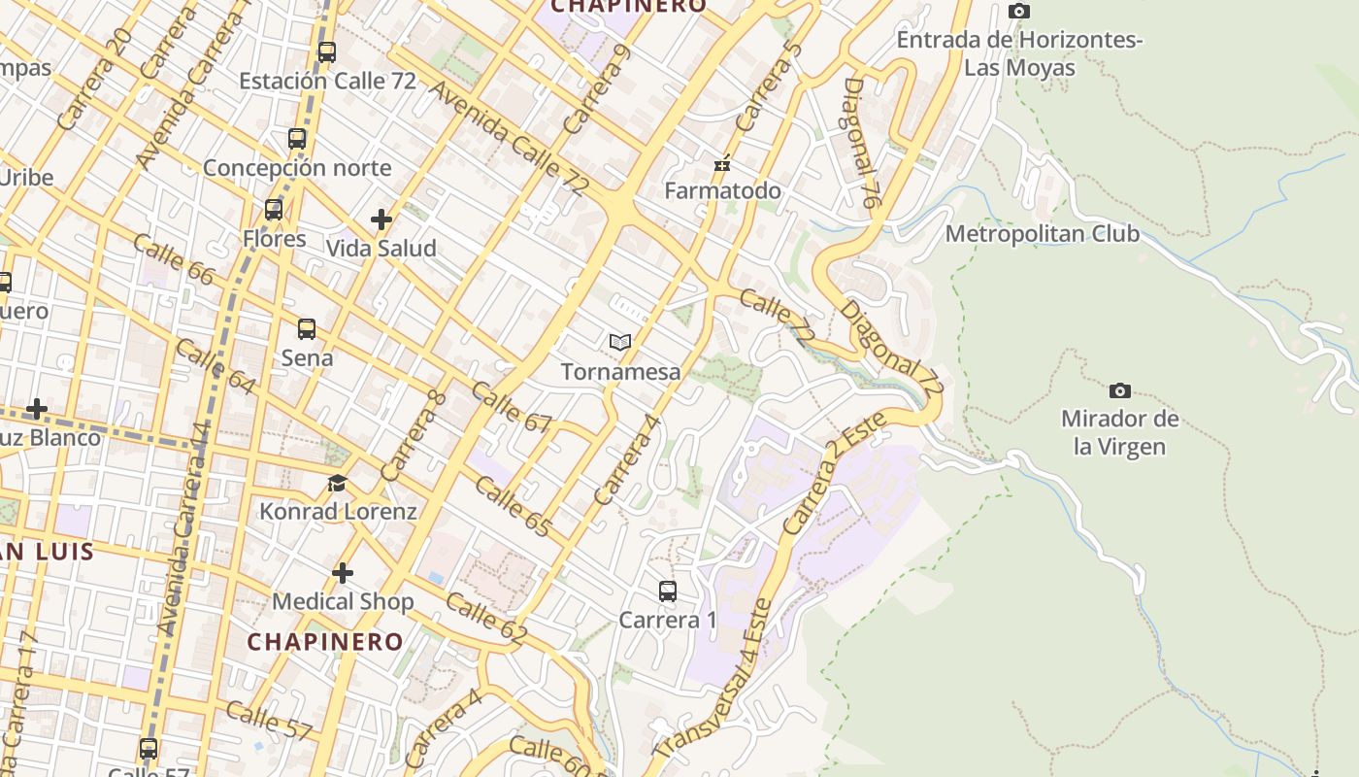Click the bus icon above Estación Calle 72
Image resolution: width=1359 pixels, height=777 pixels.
pyautogui.click(x=327, y=52)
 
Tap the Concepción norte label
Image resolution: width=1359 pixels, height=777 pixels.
pyautogui.click(x=297, y=168)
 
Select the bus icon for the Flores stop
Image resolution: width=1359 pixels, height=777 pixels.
pyautogui.click(x=274, y=210)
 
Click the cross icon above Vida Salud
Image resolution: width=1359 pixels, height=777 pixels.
pyautogui.click(x=381, y=220)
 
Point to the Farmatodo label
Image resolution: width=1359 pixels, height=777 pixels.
pyautogui.click(x=722, y=190)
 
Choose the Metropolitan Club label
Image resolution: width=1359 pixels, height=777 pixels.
pyautogui.click(x=1042, y=234)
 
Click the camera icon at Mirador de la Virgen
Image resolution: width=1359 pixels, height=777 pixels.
pyautogui.click(x=1119, y=390)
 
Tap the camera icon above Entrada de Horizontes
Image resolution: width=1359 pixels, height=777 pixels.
pyautogui.click(x=1018, y=12)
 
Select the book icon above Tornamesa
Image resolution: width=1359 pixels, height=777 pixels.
pyautogui.click(x=620, y=342)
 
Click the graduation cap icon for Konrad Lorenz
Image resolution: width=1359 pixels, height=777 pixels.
pyautogui.click(x=337, y=483)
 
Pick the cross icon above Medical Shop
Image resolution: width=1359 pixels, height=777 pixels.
pyautogui.click(x=342, y=573)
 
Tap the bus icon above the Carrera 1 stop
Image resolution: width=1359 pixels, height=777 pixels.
pyautogui.click(x=667, y=591)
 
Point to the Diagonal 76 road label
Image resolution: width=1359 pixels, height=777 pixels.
pyautogui.click(x=861, y=143)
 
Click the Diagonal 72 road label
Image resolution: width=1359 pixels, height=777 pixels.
pyautogui.click(x=891, y=348)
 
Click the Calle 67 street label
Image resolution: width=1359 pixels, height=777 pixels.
pyautogui.click(x=511, y=408)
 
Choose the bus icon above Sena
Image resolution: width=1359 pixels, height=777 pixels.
pyautogui.click(x=307, y=329)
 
